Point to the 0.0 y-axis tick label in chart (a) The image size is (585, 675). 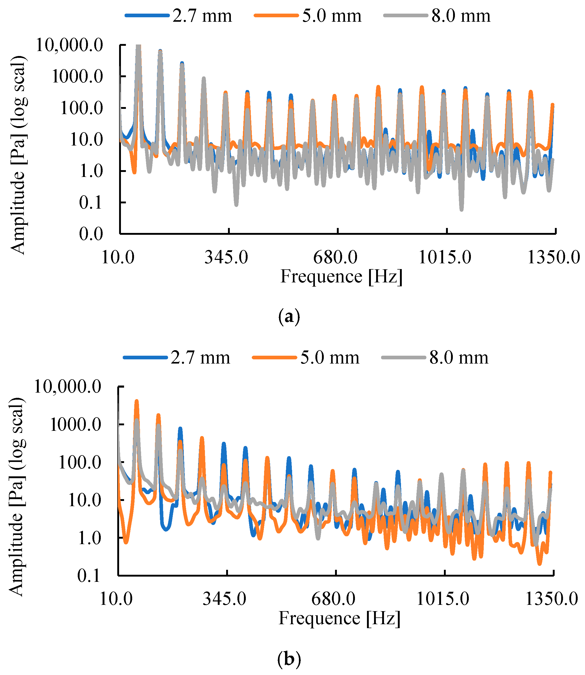(91, 234)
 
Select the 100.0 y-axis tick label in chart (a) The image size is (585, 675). (82, 108)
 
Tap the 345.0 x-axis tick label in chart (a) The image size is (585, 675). (226, 258)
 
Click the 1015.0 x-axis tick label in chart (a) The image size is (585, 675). (445, 258)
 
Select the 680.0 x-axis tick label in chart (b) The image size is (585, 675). (333, 599)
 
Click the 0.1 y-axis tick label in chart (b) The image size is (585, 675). (89, 576)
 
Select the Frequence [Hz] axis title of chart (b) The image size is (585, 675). (339, 618)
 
